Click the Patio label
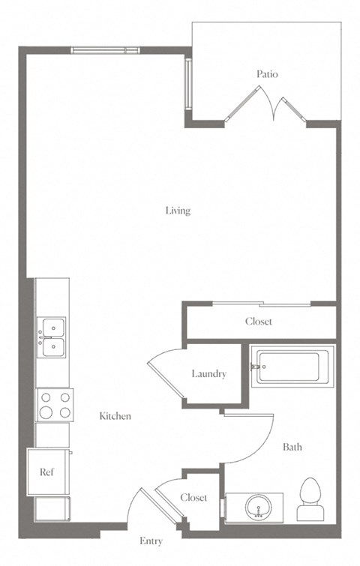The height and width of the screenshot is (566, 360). (267, 74)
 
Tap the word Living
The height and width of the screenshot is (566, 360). (178, 211)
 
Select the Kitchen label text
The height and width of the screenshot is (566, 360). (115, 416)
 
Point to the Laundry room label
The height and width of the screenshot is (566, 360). (209, 374)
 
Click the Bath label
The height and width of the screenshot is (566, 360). (292, 448)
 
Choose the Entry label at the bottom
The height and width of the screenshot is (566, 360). (151, 541)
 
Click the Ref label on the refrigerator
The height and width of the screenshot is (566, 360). (46, 472)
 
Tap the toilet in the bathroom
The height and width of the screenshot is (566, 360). (310, 499)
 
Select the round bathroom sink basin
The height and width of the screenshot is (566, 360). (258, 507)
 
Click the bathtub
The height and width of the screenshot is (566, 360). (292, 367)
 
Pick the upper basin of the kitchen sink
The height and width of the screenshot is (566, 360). (53, 328)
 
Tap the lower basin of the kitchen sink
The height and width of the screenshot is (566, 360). (53, 347)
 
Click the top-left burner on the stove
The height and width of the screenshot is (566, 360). (46, 397)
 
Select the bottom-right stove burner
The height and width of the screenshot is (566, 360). (65, 412)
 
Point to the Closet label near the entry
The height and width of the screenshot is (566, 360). (194, 498)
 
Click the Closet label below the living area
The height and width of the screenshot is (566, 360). (259, 322)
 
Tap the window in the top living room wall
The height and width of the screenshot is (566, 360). (105, 50)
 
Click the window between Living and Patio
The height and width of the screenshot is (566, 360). (188, 83)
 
